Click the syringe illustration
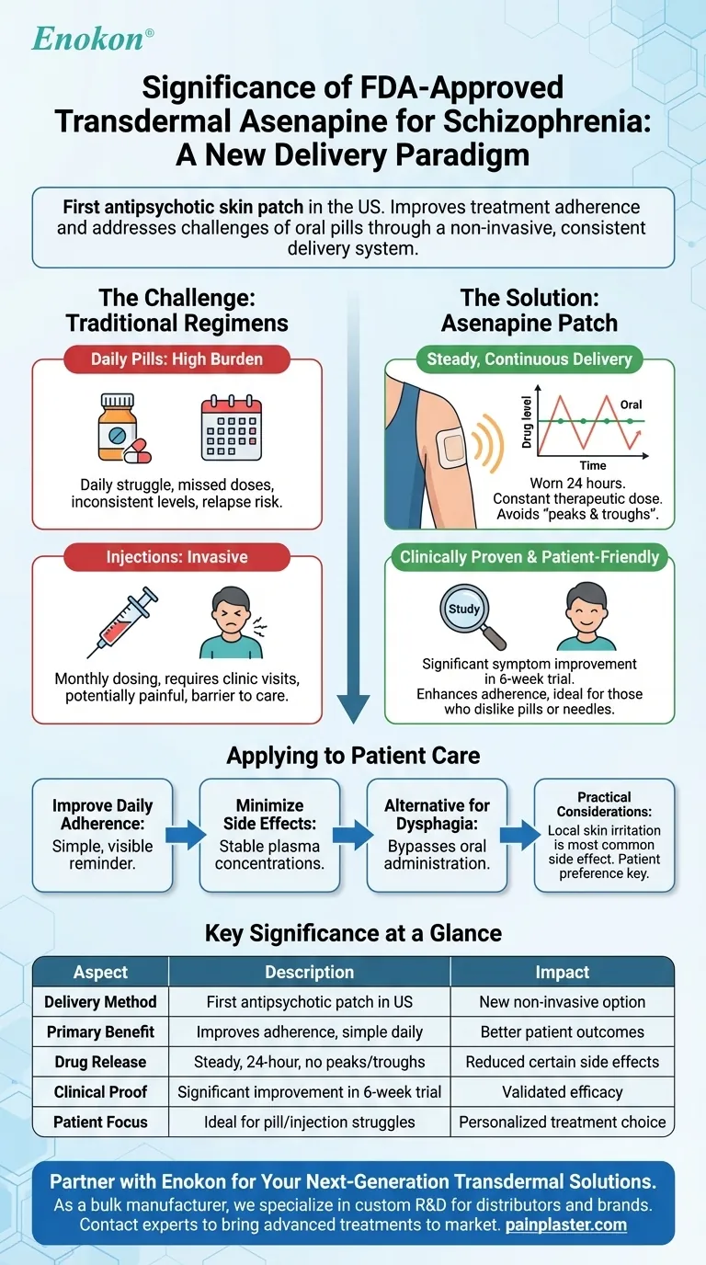tap(124, 621)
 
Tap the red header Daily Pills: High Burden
tap(176, 359)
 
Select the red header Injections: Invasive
tap(176, 557)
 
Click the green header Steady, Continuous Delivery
tap(529, 359)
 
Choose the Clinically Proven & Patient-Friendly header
tap(529, 557)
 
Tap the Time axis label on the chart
tap(592, 466)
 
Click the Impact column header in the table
tap(562, 972)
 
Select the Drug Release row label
tap(100, 1062)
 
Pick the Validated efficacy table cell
tap(562, 1092)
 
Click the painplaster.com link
tap(568, 1225)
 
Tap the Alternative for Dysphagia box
tap(437, 836)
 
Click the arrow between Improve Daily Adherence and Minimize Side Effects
tap(185, 836)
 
